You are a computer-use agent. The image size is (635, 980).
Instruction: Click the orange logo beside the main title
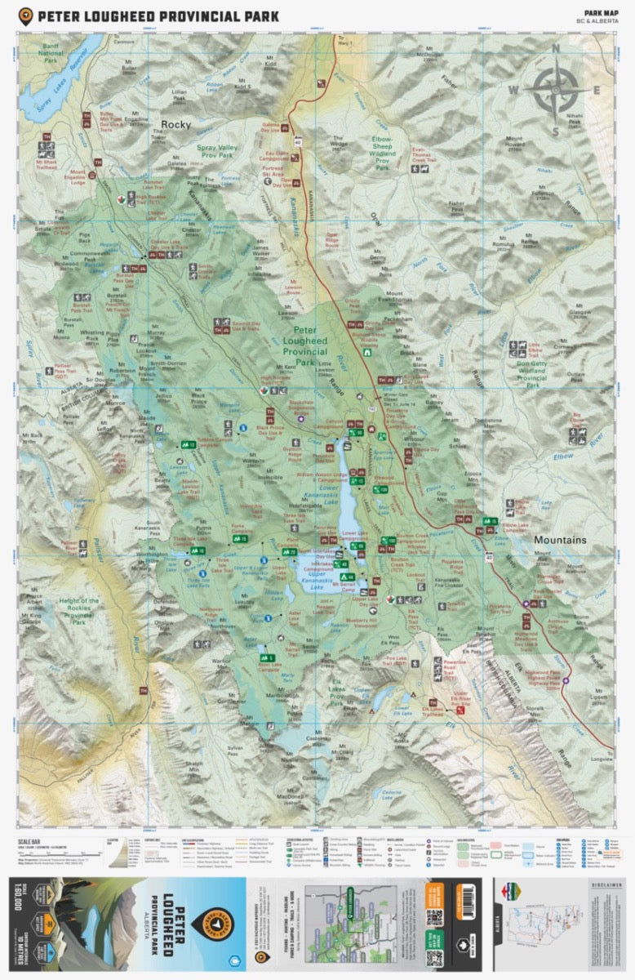pos(26,16)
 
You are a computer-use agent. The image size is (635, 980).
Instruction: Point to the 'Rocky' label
pos(175,124)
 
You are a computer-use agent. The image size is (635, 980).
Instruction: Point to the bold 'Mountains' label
pos(561,540)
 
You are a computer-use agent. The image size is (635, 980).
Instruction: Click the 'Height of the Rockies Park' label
pos(78,611)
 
